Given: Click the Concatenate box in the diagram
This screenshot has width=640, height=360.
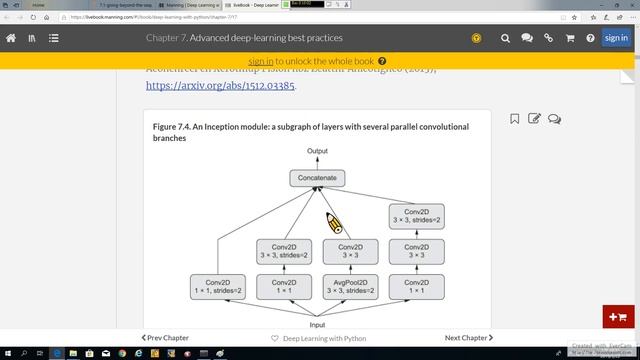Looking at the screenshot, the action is [x=319, y=179].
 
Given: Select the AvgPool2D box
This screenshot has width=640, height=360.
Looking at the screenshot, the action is [x=350, y=287].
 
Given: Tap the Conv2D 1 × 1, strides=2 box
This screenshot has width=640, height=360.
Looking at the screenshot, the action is [x=217, y=287].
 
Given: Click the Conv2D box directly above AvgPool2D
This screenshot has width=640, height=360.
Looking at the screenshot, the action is [x=350, y=250].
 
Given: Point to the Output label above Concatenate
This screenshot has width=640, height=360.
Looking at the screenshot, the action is [x=317, y=151].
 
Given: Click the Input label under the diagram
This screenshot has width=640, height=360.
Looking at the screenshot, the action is [x=317, y=325].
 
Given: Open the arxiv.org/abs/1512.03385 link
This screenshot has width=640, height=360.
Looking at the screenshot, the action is [x=220, y=86].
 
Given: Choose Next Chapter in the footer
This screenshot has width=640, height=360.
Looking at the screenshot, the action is [x=468, y=338].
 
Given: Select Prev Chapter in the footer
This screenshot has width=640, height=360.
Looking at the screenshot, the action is [x=165, y=338].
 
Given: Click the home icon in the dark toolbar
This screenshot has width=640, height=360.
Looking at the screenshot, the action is [x=12, y=38].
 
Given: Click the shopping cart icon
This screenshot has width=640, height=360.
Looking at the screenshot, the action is [x=570, y=38].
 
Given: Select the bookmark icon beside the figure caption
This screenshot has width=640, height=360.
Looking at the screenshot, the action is [x=515, y=119].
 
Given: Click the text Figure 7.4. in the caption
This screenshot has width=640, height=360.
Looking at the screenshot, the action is [x=171, y=127].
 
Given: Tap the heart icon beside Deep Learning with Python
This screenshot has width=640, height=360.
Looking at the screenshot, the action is [x=275, y=338].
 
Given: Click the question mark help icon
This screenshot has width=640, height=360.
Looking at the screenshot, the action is [x=591, y=38].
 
